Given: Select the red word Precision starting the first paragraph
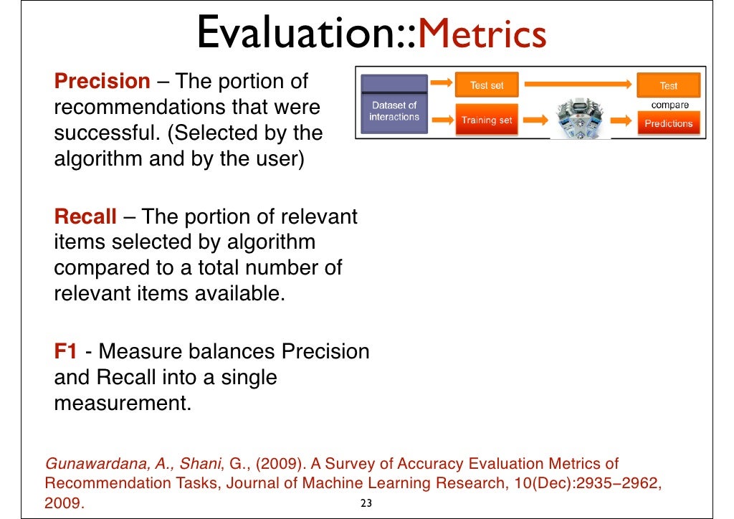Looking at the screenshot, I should click(103, 81).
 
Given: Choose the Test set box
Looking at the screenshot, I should click(487, 85).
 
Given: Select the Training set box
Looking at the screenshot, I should click(487, 120).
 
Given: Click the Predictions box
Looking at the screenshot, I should click(668, 123).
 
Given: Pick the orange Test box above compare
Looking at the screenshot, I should click(668, 85).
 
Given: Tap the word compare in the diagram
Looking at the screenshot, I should click(669, 105).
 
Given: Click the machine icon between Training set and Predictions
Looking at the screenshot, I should click(581, 118).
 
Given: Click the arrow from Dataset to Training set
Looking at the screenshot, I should click(442, 119).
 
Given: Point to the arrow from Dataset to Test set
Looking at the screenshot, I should click(442, 85).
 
